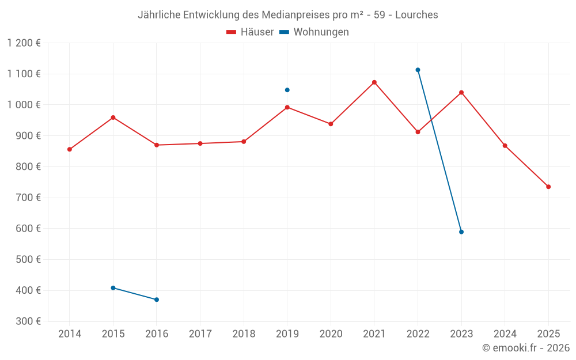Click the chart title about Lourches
tap(287, 15)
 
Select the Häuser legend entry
tap(250, 32)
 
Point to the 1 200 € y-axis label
tap(24, 43)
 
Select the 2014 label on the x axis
tap(70, 334)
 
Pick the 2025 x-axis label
tap(548, 334)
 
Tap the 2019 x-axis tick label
tap(287, 334)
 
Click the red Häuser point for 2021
tap(374, 82)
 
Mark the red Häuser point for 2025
tap(548, 187)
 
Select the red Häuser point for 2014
tap(70, 149)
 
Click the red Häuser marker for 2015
tap(113, 118)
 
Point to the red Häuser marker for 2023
tap(461, 92)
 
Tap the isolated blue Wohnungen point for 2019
tap(287, 90)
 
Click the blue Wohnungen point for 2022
tap(418, 70)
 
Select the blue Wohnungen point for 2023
tap(461, 232)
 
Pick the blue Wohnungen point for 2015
tap(113, 288)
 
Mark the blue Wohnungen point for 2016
tap(157, 300)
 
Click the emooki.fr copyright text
tap(525, 348)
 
